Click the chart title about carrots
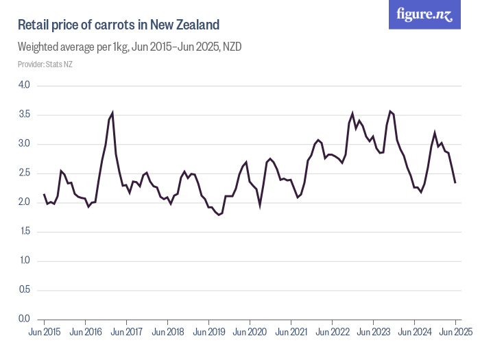118,25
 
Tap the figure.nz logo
425,14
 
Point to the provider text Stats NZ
45,64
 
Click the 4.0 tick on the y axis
24,85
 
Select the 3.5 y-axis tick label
24,115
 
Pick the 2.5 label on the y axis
24,173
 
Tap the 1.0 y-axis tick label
24,261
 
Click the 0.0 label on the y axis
24,319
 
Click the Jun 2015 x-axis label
44,332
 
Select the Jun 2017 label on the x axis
126,332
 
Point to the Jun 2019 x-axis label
208,332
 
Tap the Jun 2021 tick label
291,332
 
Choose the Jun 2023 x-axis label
373,332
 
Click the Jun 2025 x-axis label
455,332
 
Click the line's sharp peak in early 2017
112,112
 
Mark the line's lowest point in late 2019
219,215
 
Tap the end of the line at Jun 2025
455,182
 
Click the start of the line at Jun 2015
44,194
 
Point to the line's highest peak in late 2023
390,111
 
